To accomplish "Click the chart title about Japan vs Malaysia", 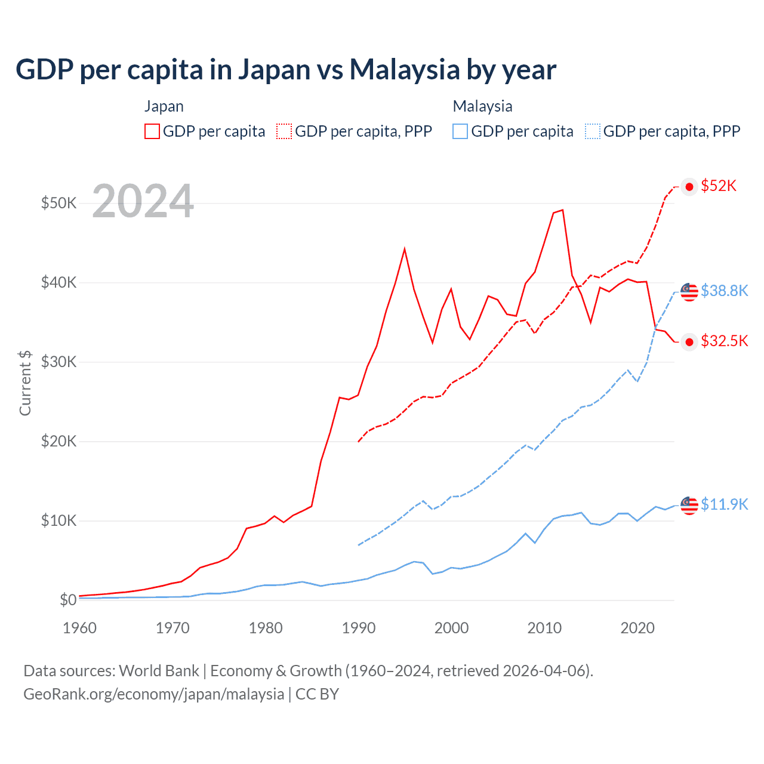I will click(x=286, y=69).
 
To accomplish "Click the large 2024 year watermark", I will click(x=143, y=202).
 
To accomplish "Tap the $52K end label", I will click(x=719, y=186).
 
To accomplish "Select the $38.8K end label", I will click(x=724, y=291).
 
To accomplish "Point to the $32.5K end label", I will click(x=724, y=341).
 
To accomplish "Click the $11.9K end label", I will click(x=724, y=504).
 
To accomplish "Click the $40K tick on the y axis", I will click(x=58, y=282).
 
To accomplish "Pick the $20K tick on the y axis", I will click(x=58, y=441).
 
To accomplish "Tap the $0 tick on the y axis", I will click(x=67, y=600).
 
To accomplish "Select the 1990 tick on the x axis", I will click(x=358, y=628).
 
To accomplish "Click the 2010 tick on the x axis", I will click(x=544, y=628).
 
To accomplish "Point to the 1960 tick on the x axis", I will click(x=79, y=628).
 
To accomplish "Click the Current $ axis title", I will click(x=25, y=383).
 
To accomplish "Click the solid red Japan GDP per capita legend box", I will click(x=152, y=131).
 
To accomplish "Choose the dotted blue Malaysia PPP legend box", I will click(x=593, y=131).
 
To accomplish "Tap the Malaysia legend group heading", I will click(x=482, y=106).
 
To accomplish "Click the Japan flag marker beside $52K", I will click(x=689, y=187).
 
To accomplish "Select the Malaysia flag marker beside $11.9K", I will click(x=689, y=505).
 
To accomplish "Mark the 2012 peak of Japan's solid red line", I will click(x=562, y=210).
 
